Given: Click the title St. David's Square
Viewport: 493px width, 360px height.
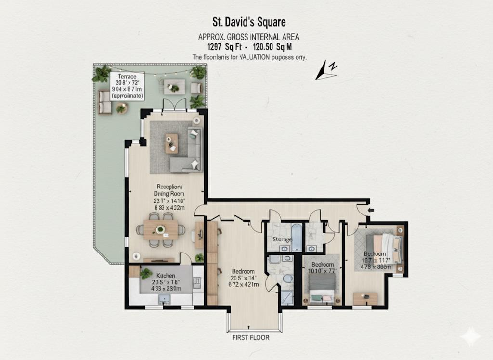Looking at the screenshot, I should click(249, 22).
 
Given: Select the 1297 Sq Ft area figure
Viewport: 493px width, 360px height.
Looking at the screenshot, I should click(222, 47).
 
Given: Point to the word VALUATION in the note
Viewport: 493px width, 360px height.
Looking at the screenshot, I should click(249, 57).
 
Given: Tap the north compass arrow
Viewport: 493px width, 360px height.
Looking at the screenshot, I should click(326, 70).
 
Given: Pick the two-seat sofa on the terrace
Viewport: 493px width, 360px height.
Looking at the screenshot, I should click(104, 101).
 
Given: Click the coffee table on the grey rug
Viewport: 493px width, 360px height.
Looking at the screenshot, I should click(171, 143).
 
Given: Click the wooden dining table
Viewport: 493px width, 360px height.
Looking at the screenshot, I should click(161, 230).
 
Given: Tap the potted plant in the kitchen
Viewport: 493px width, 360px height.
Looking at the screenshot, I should click(145, 273).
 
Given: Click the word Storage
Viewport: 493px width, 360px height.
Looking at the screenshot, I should click(282, 240).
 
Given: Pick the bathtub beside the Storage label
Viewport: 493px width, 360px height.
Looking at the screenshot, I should click(297, 237).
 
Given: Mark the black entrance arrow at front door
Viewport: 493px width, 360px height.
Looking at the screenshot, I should click(370, 210).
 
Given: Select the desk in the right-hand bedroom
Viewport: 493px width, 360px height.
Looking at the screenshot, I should click(365, 298).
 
